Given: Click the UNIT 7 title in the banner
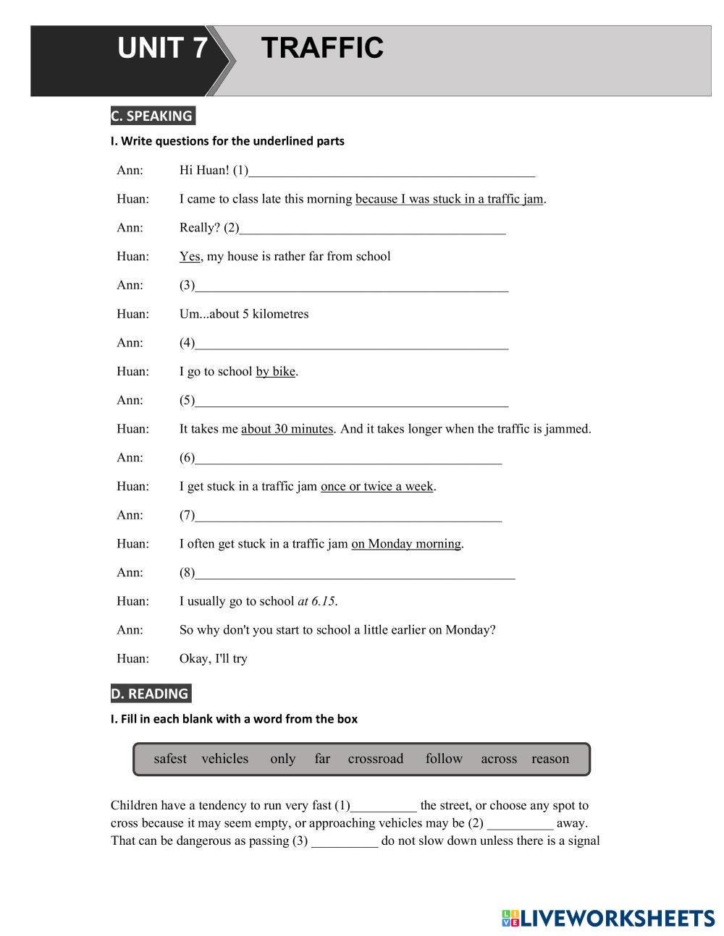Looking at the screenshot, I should click(162, 48).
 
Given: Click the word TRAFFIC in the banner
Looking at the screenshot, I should click(322, 48).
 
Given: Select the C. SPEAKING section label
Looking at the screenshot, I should click(152, 116).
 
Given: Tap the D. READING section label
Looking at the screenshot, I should click(150, 694).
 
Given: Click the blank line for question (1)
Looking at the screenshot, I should click(391, 171).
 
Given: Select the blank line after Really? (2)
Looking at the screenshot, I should click(372, 229).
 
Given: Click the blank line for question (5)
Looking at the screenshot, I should click(352, 401).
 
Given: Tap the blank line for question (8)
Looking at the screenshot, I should click(355, 574).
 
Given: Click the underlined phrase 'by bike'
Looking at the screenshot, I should click(275, 372).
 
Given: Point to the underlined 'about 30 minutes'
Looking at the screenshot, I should click(287, 429).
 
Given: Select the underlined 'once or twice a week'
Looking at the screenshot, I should click(376, 487).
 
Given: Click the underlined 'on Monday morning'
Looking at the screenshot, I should click(406, 544).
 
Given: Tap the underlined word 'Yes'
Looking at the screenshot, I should click(190, 257).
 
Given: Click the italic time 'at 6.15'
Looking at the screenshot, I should click(316, 601).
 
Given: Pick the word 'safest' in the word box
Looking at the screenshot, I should click(170, 759).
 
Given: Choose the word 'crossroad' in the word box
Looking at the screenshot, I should click(375, 759).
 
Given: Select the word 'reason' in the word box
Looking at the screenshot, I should click(550, 759).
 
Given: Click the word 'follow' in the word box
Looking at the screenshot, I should click(444, 759).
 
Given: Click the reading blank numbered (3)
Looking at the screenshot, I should click(345, 841).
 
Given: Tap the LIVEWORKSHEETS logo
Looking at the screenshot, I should click(607, 919).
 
